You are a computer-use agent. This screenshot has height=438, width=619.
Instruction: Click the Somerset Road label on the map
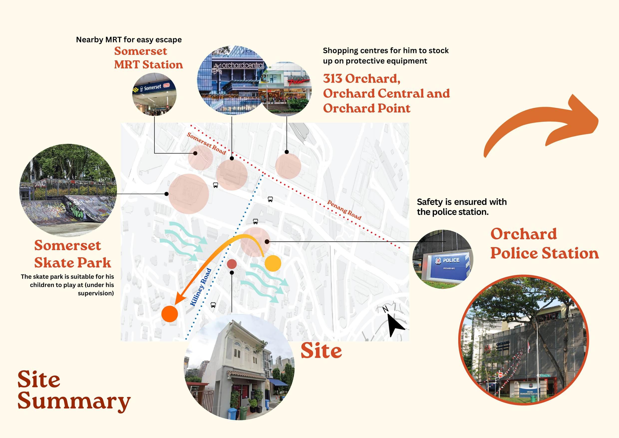[x=206, y=143]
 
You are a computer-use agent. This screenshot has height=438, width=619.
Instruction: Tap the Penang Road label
[x=344, y=210]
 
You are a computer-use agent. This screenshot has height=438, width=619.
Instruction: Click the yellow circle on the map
[x=273, y=263]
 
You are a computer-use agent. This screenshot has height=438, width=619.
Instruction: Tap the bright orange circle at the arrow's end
[x=170, y=314]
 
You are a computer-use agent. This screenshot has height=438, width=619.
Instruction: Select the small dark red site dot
[x=232, y=264]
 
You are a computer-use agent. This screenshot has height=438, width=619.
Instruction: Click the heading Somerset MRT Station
[x=148, y=58]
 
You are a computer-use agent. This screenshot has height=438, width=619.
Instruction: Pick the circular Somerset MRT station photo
[x=154, y=94]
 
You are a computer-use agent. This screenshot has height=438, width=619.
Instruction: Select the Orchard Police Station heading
[x=544, y=244]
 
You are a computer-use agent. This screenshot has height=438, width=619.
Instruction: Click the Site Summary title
[x=73, y=391]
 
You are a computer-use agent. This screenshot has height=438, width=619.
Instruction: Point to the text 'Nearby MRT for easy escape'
[x=129, y=40]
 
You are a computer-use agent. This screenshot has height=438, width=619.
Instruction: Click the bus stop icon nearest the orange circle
[x=213, y=305]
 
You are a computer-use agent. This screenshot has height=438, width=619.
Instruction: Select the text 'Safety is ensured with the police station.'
[x=462, y=207]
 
